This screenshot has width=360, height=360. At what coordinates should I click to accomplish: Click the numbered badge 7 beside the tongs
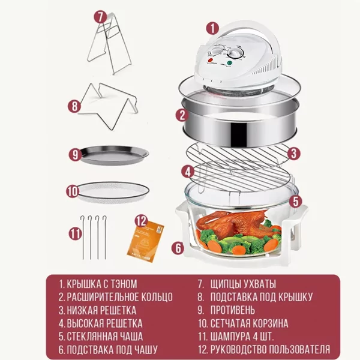(x=100, y=17)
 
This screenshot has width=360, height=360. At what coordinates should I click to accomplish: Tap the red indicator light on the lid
(x=210, y=60)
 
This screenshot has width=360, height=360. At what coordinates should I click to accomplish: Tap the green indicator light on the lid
(x=229, y=62)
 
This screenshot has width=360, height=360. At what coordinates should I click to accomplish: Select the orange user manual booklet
(x=146, y=241)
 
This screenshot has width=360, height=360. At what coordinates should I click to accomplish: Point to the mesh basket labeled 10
(x=113, y=192)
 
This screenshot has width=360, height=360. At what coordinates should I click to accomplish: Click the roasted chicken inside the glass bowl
(x=232, y=221)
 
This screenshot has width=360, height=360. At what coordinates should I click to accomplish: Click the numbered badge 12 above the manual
(x=141, y=221)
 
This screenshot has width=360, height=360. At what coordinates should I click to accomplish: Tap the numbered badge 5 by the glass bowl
(x=295, y=201)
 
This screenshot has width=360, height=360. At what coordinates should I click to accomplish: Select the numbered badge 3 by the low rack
(x=293, y=154)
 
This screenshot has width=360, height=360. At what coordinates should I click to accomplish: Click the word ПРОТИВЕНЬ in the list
(x=233, y=310)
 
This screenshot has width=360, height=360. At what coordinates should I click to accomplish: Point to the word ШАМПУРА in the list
(x=230, y=337)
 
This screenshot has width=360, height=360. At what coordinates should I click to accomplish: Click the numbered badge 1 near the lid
(x=212, y=28)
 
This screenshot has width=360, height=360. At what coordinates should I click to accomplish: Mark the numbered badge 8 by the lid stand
(x=74, y=106)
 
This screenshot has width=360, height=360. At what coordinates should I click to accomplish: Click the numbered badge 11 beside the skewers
(x=76, y=233)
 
